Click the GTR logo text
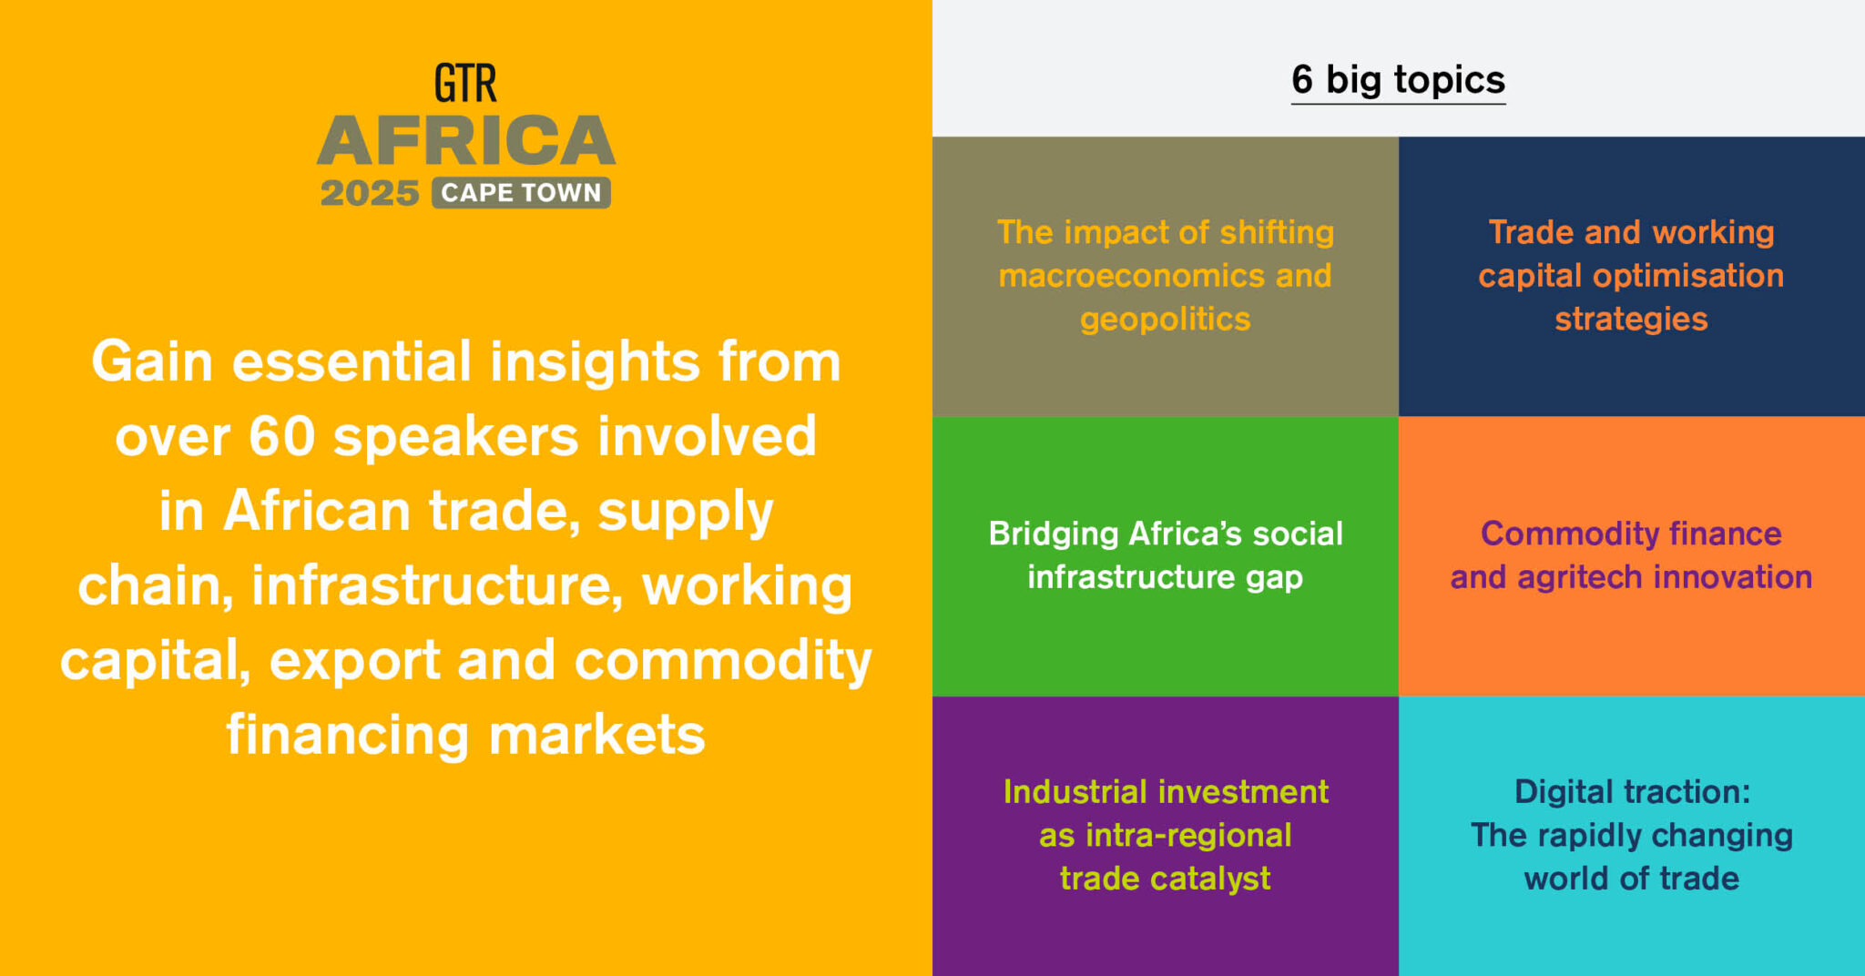pos(465,84)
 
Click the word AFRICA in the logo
pos(466,141)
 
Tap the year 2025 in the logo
pos(369,193)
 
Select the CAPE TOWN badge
pos(521,193)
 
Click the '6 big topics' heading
pos(1398,80)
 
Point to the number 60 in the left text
pos(281,436)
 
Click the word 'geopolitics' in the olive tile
pos(1165,320)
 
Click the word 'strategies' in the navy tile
pos(1631,320)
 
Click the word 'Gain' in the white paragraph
pos(151,362)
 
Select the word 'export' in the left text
pos(355,660)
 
